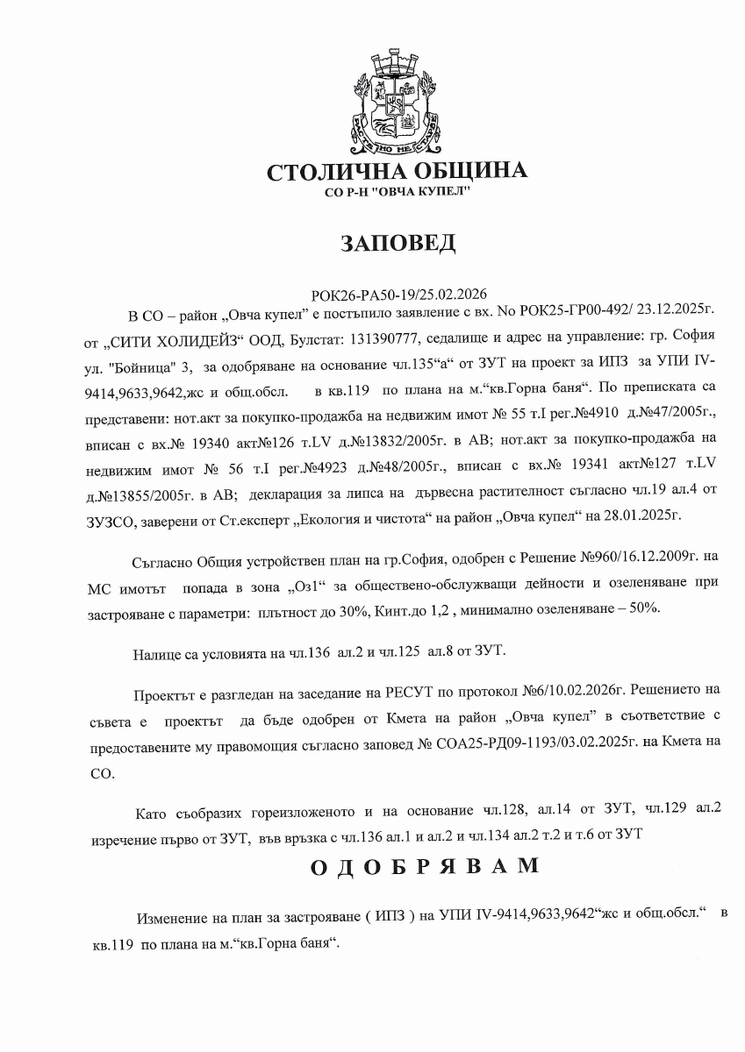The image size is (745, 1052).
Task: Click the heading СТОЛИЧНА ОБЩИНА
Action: (397, 170)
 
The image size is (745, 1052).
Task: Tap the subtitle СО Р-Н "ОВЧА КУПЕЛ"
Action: (398, 191)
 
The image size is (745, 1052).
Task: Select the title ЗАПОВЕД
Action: (398, 243)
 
